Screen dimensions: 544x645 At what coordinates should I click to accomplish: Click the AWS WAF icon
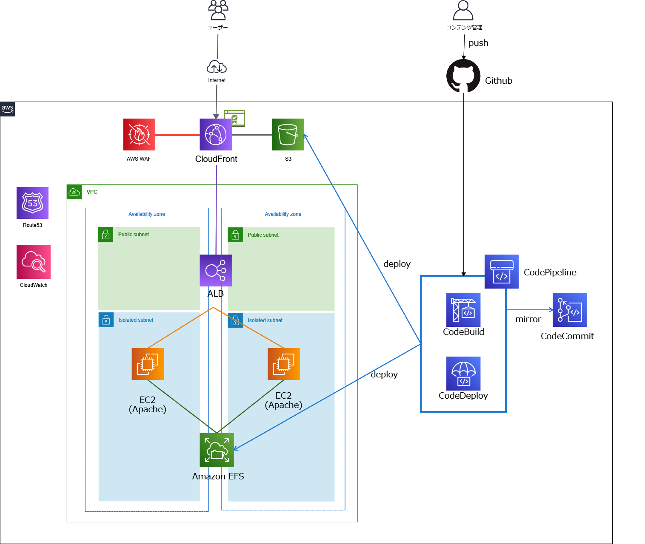[x=139, y=134]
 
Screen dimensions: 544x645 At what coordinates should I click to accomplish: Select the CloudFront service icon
[x=216, y=134]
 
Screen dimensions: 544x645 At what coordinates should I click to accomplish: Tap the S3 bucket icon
[x=288, y=134]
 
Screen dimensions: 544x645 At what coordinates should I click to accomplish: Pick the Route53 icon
[x=32, y=203]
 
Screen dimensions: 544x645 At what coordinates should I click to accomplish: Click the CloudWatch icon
[x=34, y=262]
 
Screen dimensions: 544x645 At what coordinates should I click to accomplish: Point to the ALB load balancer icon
[x=216, y=270]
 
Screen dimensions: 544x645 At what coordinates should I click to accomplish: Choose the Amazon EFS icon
[x=217, y=450]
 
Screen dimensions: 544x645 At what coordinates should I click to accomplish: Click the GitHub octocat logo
[x=463, y=76]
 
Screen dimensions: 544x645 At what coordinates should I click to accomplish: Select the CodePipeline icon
[x=502, y=272]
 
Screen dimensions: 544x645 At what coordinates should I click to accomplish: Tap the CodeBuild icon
[x=463, y=310]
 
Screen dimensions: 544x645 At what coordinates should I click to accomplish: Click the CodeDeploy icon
[x=463, y=374]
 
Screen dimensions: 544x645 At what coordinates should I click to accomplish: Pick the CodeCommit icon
[x=570, y=310]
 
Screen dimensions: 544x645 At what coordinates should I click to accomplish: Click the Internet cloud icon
[x=217, y=67]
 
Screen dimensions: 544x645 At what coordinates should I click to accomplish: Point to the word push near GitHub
[x=478, y=43]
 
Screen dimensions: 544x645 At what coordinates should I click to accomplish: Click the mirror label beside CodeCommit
[x=528, y=319]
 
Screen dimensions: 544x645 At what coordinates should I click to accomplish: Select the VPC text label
[x=92, y=192]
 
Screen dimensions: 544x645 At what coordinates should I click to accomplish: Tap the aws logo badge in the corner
[x=8, y=109]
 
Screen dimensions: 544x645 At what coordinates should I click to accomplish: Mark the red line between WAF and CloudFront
[x=177, y=135]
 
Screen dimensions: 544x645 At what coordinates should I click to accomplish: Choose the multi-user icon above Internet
[x=218, y=10]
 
